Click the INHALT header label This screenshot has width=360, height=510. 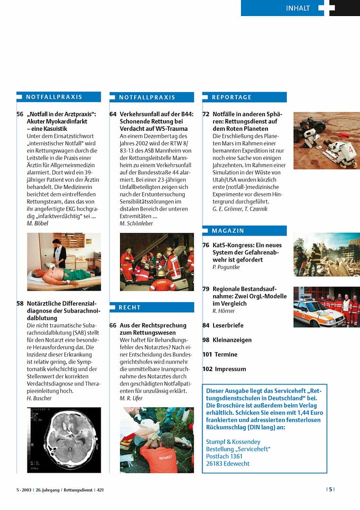298,8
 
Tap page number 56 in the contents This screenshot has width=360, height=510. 20,114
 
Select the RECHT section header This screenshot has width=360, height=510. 129,307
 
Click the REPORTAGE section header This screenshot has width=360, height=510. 231,97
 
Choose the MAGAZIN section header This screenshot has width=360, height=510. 228,231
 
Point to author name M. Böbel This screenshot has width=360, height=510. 38,223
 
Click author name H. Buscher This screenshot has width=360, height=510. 39,398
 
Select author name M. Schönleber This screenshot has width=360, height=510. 137,223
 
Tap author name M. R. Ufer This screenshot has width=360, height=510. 131,398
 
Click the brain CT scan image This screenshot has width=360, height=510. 64,440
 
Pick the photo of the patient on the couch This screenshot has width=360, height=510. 64,262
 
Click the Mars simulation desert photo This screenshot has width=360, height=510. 326,140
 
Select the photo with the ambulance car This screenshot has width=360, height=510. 326,307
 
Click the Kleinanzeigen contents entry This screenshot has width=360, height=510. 232,340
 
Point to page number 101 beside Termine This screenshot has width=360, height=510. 207,355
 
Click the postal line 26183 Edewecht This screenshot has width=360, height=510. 228,464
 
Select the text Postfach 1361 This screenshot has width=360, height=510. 224,456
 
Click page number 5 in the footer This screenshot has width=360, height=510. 331,490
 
